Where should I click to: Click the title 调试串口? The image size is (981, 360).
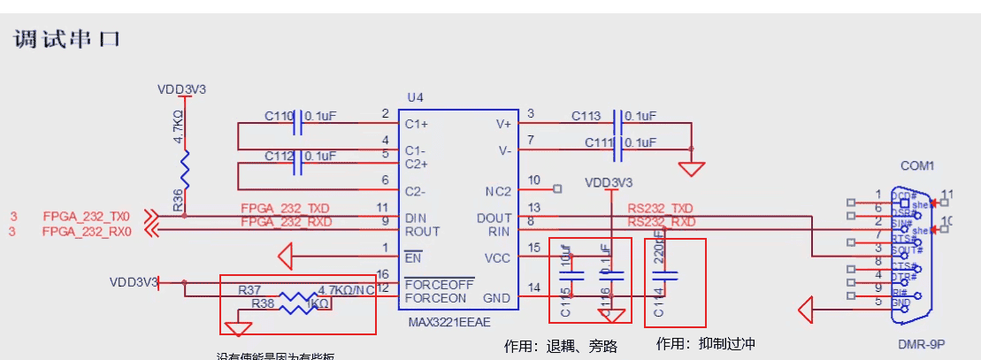67,40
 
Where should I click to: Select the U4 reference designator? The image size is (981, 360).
415,97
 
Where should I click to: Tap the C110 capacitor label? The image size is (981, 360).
279,116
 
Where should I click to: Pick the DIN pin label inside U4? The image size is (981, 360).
415,218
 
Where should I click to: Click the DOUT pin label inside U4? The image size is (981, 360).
494,218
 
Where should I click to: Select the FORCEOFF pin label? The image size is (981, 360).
439,285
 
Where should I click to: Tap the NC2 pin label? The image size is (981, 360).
499,191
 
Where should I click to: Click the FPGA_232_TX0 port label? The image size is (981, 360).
87,217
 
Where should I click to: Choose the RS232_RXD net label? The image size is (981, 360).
661,222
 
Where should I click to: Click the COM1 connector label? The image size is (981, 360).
917,165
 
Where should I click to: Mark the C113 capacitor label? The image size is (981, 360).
586,116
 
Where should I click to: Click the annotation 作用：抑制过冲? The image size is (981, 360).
706,343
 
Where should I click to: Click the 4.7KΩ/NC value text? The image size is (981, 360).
346,290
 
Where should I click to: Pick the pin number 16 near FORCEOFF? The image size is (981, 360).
383,274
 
